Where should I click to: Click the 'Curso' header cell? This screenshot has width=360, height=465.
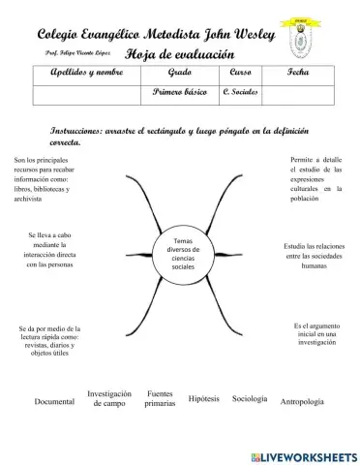pyautogui.click(x=241, y=74)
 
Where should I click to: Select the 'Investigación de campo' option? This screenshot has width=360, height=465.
pyautogui.click(x=109, y=398)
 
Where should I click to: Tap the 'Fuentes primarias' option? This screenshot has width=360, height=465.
pyautogui.click(x=160, y=398)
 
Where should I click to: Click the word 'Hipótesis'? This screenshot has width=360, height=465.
pyautogui.click(x=204, y=398)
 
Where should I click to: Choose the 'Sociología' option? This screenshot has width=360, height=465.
pyautogui.click(x=250, y=398)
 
